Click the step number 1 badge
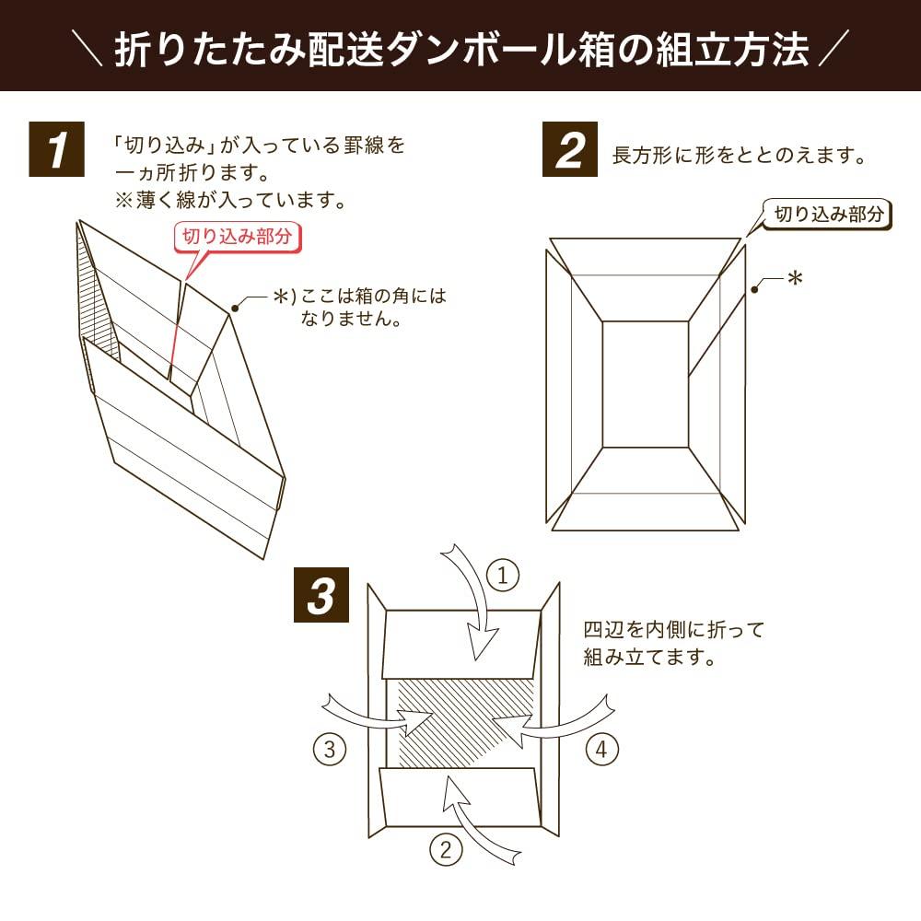click(x=57, y=150)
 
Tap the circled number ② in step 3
click(x=446, y=850)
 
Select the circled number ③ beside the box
click(x=329, y=750)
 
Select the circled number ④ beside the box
click(x=600, y=750)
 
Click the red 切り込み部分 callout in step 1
click(x=237, y=236)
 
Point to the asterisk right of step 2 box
click(x=794, y=278)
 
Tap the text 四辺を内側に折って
click(x=674, y=631)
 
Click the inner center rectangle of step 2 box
click(x=645, y=384)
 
